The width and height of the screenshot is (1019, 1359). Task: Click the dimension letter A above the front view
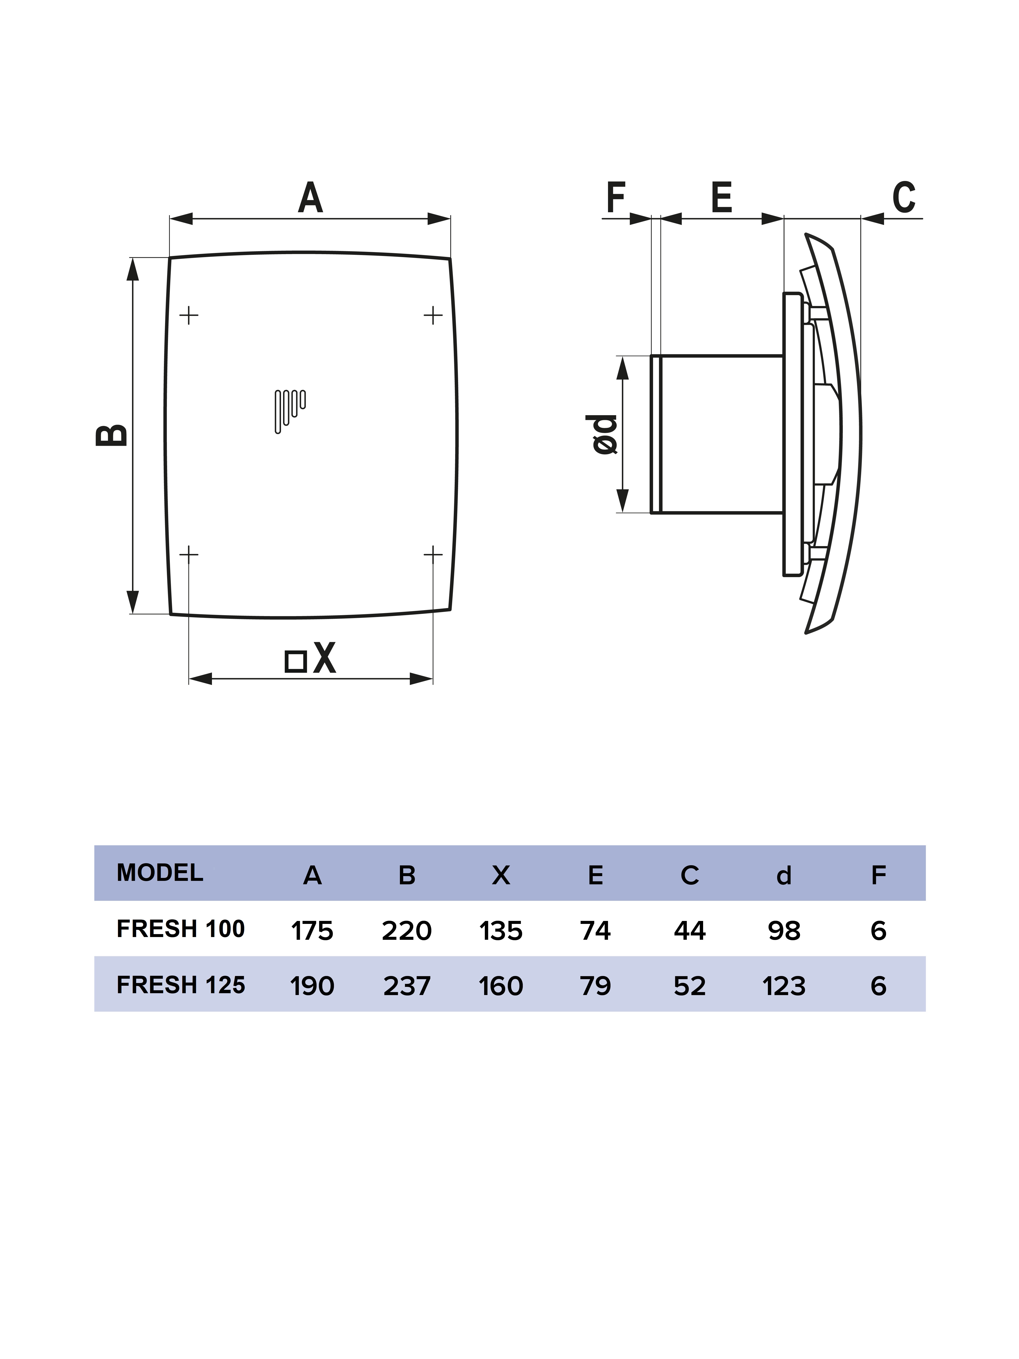pos(310,197)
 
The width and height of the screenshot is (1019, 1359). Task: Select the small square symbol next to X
pos(296,661)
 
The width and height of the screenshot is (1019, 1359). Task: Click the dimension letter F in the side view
pos(615,197)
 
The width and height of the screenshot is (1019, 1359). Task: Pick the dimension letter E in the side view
pos(722,197)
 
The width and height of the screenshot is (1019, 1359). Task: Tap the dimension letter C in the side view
pos(904,197)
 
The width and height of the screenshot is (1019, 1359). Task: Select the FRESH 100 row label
pos(180,928)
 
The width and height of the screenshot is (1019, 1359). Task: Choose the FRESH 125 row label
pos(180,985)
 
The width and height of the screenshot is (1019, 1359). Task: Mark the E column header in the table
pos(595,875)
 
